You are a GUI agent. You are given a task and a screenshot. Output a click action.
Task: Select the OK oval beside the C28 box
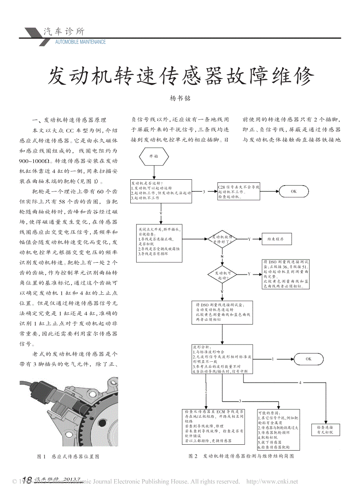coord(294,191)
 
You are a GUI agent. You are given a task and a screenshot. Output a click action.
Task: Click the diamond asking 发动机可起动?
coord(222,274)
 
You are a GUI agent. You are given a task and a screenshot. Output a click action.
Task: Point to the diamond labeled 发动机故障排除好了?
coord(222,239)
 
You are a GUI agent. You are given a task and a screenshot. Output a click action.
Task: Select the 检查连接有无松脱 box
coord(325,430)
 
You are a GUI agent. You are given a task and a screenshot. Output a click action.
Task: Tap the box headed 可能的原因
coord(278,430)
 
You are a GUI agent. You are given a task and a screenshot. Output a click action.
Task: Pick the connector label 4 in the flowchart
coord(300,382)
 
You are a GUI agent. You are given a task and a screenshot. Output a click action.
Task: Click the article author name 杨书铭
coord(180,99)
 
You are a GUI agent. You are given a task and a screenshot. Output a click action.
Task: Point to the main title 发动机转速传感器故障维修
coord(180,76)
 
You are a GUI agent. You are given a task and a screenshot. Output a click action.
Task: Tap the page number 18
coord(27,480)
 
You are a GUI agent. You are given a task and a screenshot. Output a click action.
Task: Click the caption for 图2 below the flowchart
coord(241,456)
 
